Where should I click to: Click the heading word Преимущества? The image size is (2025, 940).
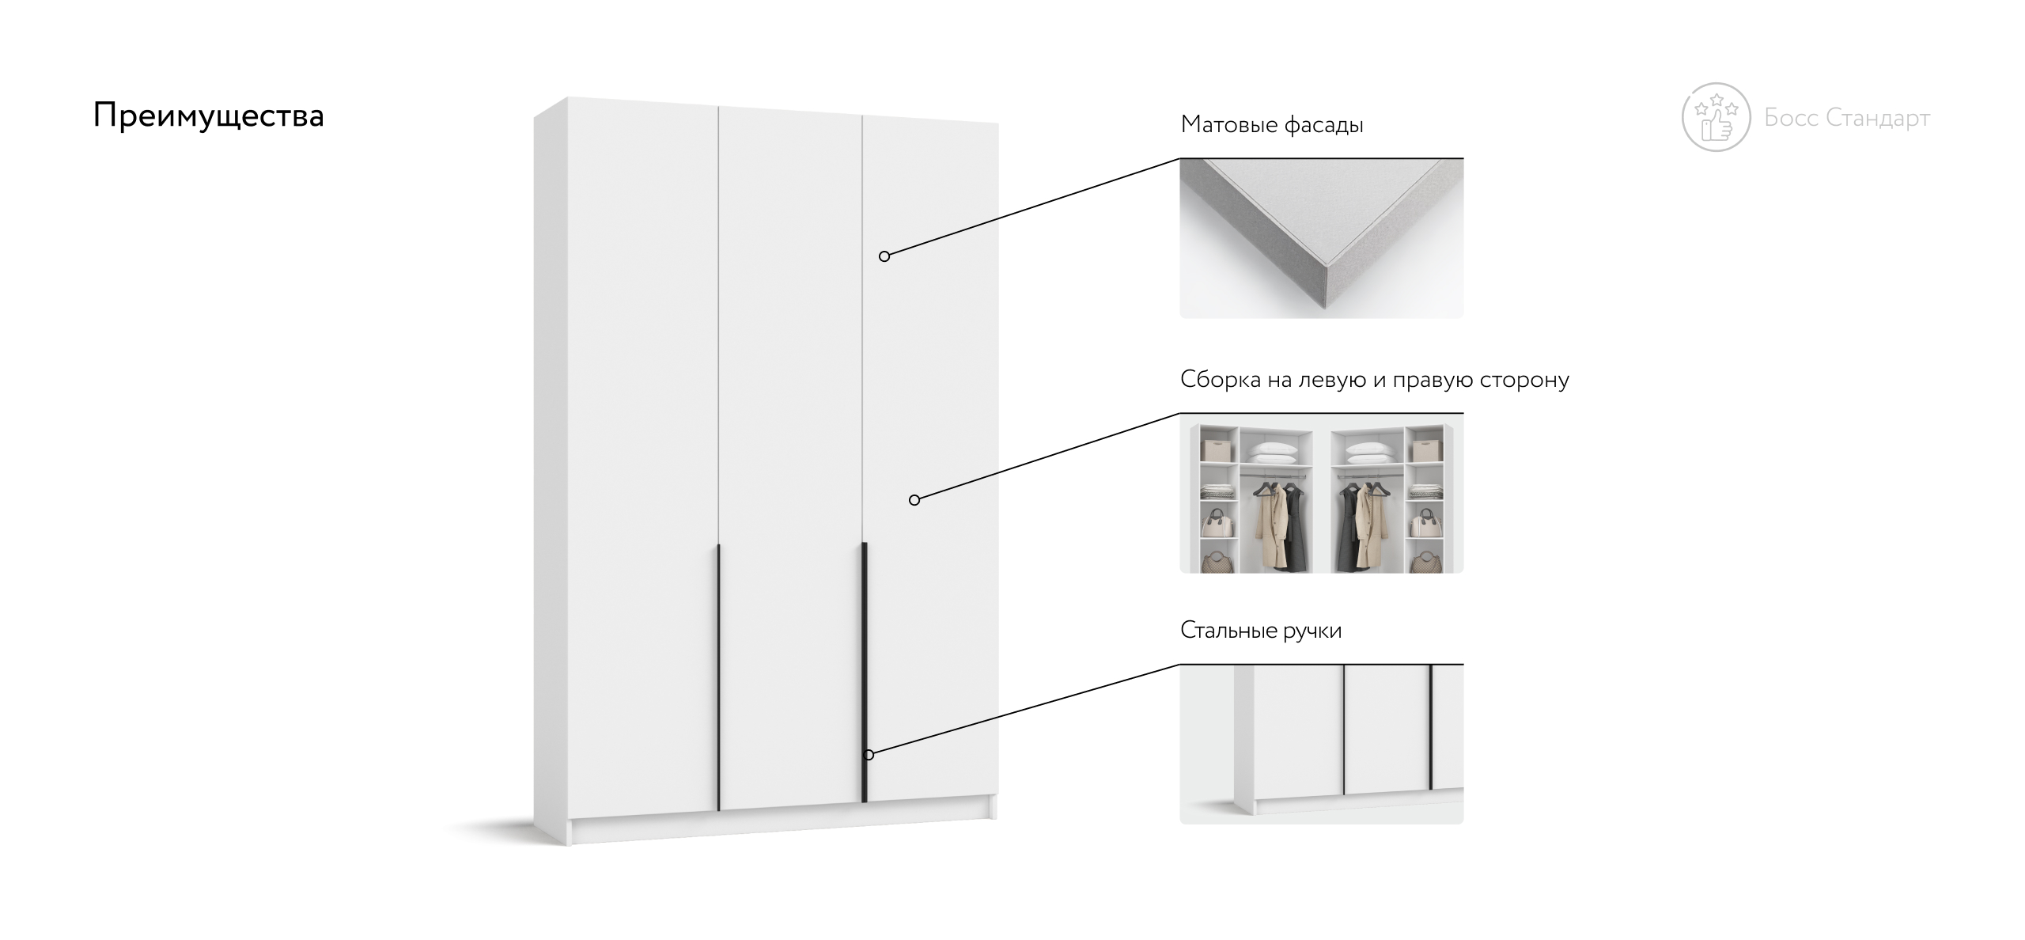point(208,116)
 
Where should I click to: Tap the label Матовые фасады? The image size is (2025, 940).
point(1272,125)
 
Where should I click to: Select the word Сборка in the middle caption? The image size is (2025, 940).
point(1221,380)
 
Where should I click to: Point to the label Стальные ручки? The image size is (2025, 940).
point(1261,631)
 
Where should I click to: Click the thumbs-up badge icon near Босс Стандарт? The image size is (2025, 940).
point(1716,116)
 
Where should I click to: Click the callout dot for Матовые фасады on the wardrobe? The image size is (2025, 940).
point(884,256)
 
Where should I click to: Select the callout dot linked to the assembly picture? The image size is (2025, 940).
point(914,500)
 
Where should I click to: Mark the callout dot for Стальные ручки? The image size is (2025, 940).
point(869,755)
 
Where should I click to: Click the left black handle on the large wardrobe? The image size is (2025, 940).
point(718,677)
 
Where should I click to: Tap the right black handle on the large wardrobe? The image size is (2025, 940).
point(865,673)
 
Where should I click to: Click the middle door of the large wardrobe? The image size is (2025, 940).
point(789,459)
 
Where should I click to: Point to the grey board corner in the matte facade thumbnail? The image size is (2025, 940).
point(1321,237)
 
